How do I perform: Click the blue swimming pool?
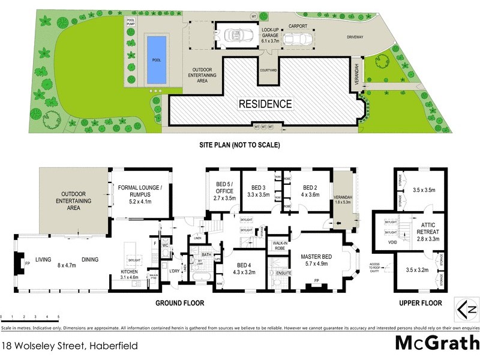pyautogui.click(x=157, y=59)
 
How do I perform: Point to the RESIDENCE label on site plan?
pyautogui.click(x=265, y=104)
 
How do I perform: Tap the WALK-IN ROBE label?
pyautogui.click(x=278, y=244)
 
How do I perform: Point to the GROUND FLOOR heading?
pyautogui.click(x=180, y=303)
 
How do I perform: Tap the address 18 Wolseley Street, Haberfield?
pyautogui.click(x=69, y=346)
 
